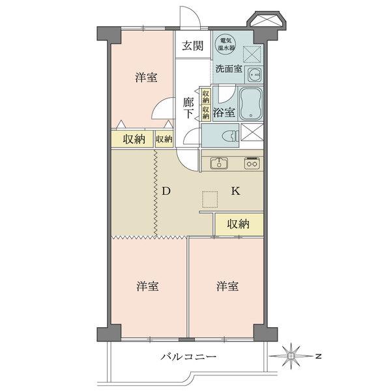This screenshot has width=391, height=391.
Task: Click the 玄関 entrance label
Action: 192,46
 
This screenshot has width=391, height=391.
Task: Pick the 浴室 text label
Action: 224,111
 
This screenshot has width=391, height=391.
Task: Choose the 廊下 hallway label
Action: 188,107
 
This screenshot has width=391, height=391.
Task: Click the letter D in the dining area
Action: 166,192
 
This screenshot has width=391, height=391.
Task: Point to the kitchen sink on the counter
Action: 219,163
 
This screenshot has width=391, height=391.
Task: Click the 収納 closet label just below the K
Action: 239,224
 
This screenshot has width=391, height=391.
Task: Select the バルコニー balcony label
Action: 188,357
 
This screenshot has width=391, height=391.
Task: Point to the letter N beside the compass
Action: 316,356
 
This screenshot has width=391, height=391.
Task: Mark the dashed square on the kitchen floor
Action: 209,199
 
